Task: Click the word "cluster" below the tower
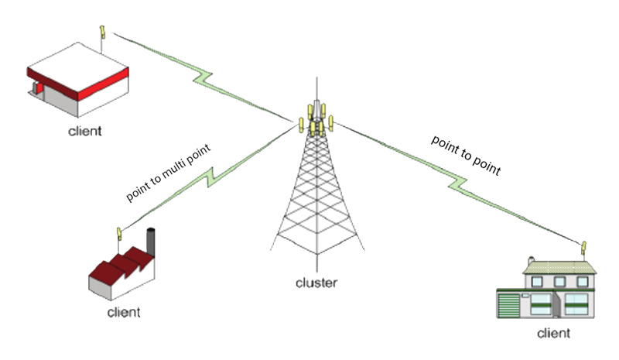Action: (316, 283)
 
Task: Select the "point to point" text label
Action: (467, 156)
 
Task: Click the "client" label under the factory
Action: (124, 313)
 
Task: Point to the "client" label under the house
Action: (553, 334)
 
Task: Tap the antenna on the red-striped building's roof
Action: (102, 33)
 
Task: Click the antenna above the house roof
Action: (585, 249)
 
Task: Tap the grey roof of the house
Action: (560, 267)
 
